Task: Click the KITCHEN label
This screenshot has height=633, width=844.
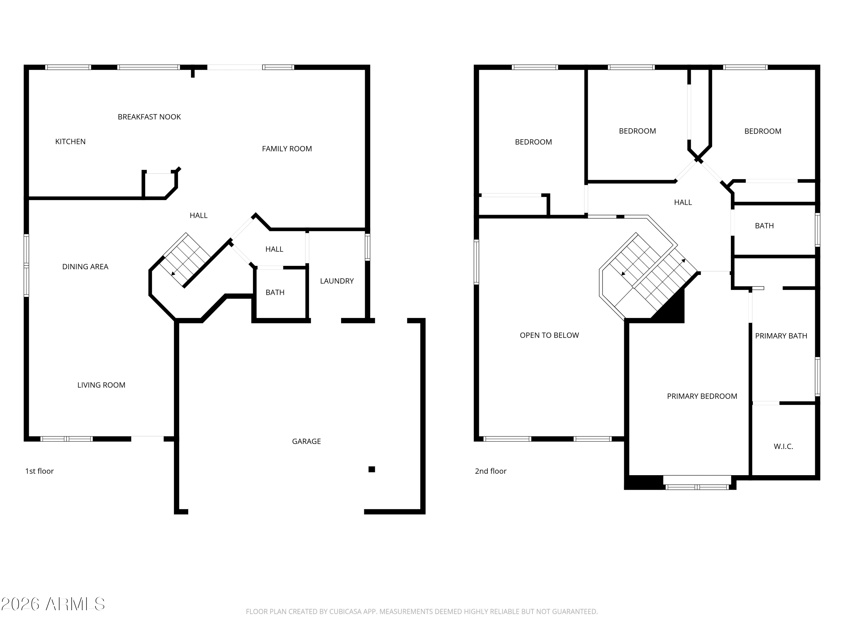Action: pos(70,142)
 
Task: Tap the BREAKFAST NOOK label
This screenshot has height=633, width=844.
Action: pos(149,117)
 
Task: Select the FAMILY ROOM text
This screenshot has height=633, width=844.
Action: pos(287,149)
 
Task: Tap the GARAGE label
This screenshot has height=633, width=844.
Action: pos(306,441)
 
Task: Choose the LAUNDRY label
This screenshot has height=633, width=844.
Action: pos(337,281)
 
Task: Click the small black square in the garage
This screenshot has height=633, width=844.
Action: pos(372,469)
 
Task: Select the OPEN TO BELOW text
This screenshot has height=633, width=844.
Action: pos(549,335)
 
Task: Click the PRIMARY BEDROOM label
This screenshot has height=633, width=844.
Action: pos(702,396)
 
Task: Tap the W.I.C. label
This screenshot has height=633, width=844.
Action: pos(783,446)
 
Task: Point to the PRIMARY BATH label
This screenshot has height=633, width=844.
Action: pos(781,336)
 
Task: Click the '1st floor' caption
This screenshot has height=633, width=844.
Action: pos(39,471)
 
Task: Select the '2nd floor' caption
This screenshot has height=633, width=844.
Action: pos(491,471)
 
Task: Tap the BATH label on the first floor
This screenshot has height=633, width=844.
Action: pos(275,293)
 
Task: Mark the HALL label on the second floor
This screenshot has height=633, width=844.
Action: pos(683,203)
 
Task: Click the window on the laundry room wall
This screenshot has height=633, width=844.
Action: pos(367,247)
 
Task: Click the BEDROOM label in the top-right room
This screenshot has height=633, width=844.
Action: pos(763,131)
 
